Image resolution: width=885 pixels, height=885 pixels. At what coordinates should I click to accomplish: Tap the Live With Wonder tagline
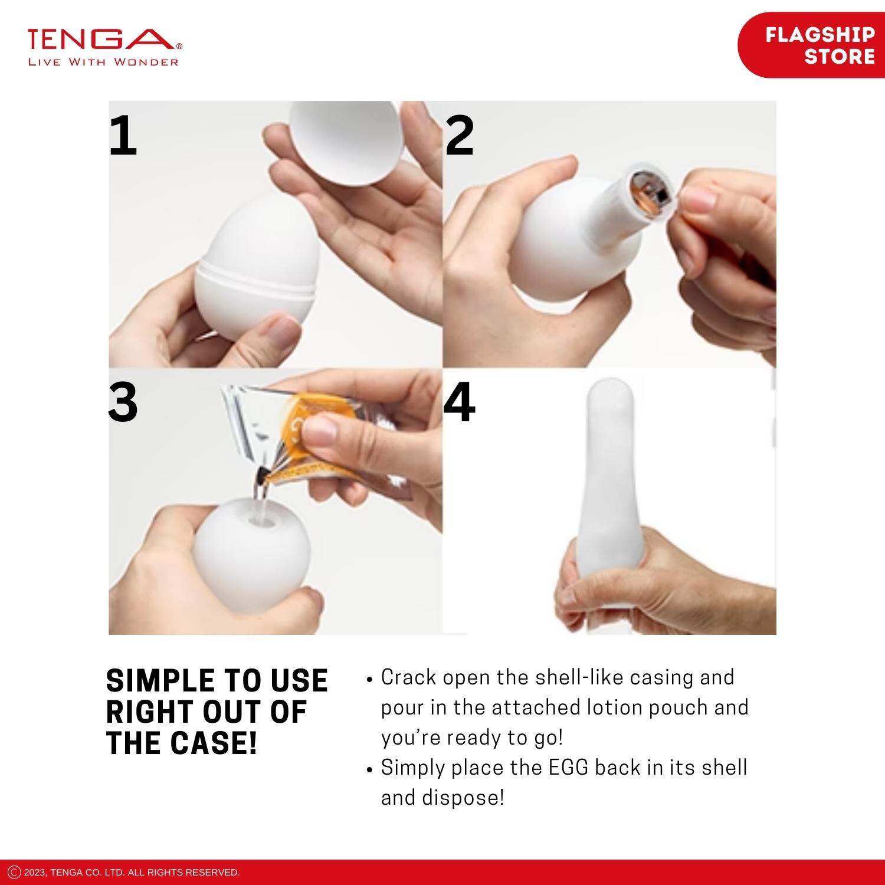[103, 62]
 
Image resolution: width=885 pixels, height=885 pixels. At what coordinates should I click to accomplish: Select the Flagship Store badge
[812, 45]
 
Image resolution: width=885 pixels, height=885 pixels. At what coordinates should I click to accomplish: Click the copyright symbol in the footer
[15, 872]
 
